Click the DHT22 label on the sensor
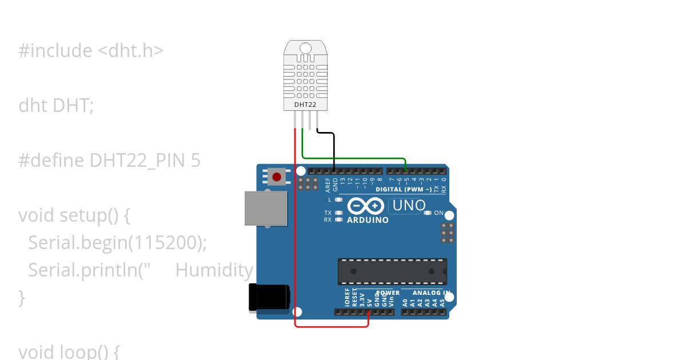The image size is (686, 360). coord(306,105)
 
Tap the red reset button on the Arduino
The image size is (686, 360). coord(277,177)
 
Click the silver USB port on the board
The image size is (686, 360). coord(266,208)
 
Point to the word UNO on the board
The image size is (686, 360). coord(409,206)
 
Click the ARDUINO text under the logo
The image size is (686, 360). coord(368,220)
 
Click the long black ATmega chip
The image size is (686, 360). coord(392,271)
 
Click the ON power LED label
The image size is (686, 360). coord(439,213)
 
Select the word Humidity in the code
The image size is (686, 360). coord(214,270)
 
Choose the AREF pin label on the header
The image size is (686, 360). coord(328,185)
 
